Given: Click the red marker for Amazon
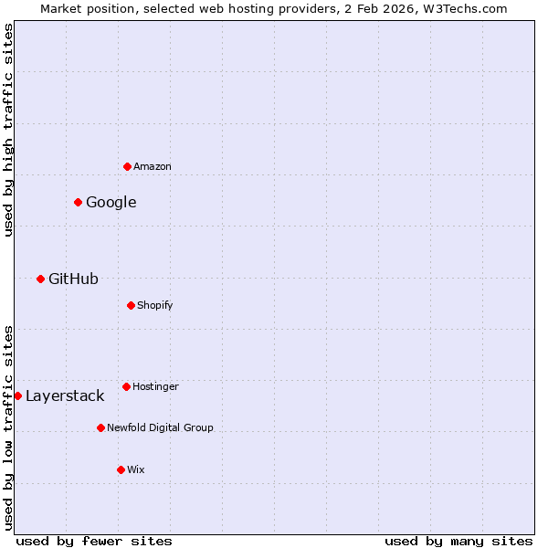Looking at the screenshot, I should [x=127, y=166].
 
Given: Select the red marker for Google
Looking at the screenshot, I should [x=78, y=202].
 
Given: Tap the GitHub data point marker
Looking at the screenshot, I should [x=40, y=279].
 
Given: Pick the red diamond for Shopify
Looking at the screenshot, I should [x=131, y=305].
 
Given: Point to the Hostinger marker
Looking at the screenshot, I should [x=126, y=386].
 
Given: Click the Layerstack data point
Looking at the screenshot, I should [x=17, y=395].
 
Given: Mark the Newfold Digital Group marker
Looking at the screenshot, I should [x=100, y=427].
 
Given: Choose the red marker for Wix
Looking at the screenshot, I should [x=121, y=469].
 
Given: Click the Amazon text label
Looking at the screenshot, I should [x=153, y=166].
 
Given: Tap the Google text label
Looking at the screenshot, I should [x=111, y=202].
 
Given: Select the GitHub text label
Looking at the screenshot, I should [x=73, y=279].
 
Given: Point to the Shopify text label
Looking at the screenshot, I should [x=155, y=305].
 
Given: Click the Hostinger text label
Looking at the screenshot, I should [x=155, y=386].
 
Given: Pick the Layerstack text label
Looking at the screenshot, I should [x=65, y=395].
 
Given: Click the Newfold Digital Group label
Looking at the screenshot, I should [x=160, y=427].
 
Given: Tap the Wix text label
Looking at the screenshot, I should [x=135, y=469].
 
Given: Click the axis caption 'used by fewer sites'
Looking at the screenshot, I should [x=94, y=541].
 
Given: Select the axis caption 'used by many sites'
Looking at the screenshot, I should [x=458, y=541].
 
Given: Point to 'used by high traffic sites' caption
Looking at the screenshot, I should [x=8, y=130].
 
